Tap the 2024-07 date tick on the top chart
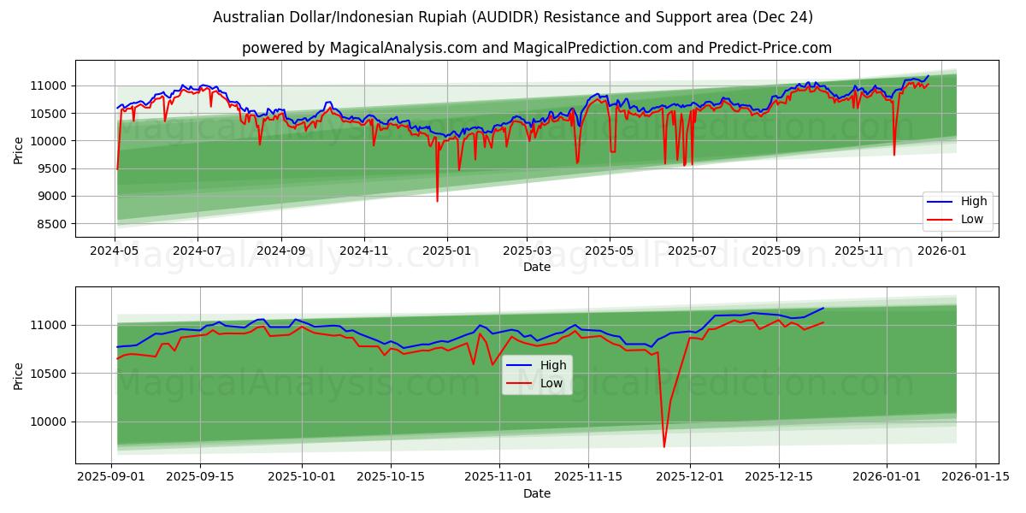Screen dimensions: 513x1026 [x=198, y=251]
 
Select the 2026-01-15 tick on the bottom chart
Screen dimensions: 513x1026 [x=976, y=477]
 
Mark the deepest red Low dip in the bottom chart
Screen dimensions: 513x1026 [x=664, y=446]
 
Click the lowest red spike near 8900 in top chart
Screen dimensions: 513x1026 [x=437, y=201]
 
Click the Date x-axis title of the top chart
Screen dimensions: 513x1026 [x=537, y=268]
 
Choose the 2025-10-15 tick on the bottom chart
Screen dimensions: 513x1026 [x=390, y=477]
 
